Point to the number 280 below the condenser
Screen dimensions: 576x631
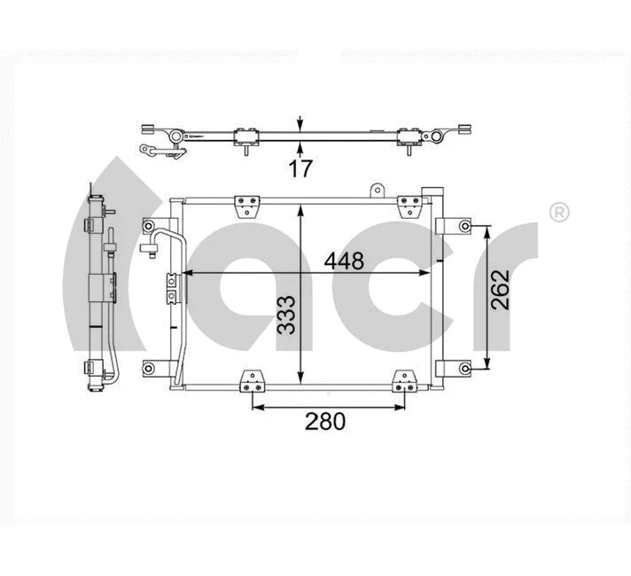[324, 422]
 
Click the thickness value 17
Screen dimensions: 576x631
[301, 168]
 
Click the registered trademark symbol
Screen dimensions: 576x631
[559, 213]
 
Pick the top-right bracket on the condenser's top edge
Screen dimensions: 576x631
[409, 207]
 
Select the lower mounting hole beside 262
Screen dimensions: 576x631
[466, 366]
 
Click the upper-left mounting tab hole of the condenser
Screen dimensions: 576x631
[149, 228]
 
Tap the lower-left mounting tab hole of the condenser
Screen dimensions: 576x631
[149, 366]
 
